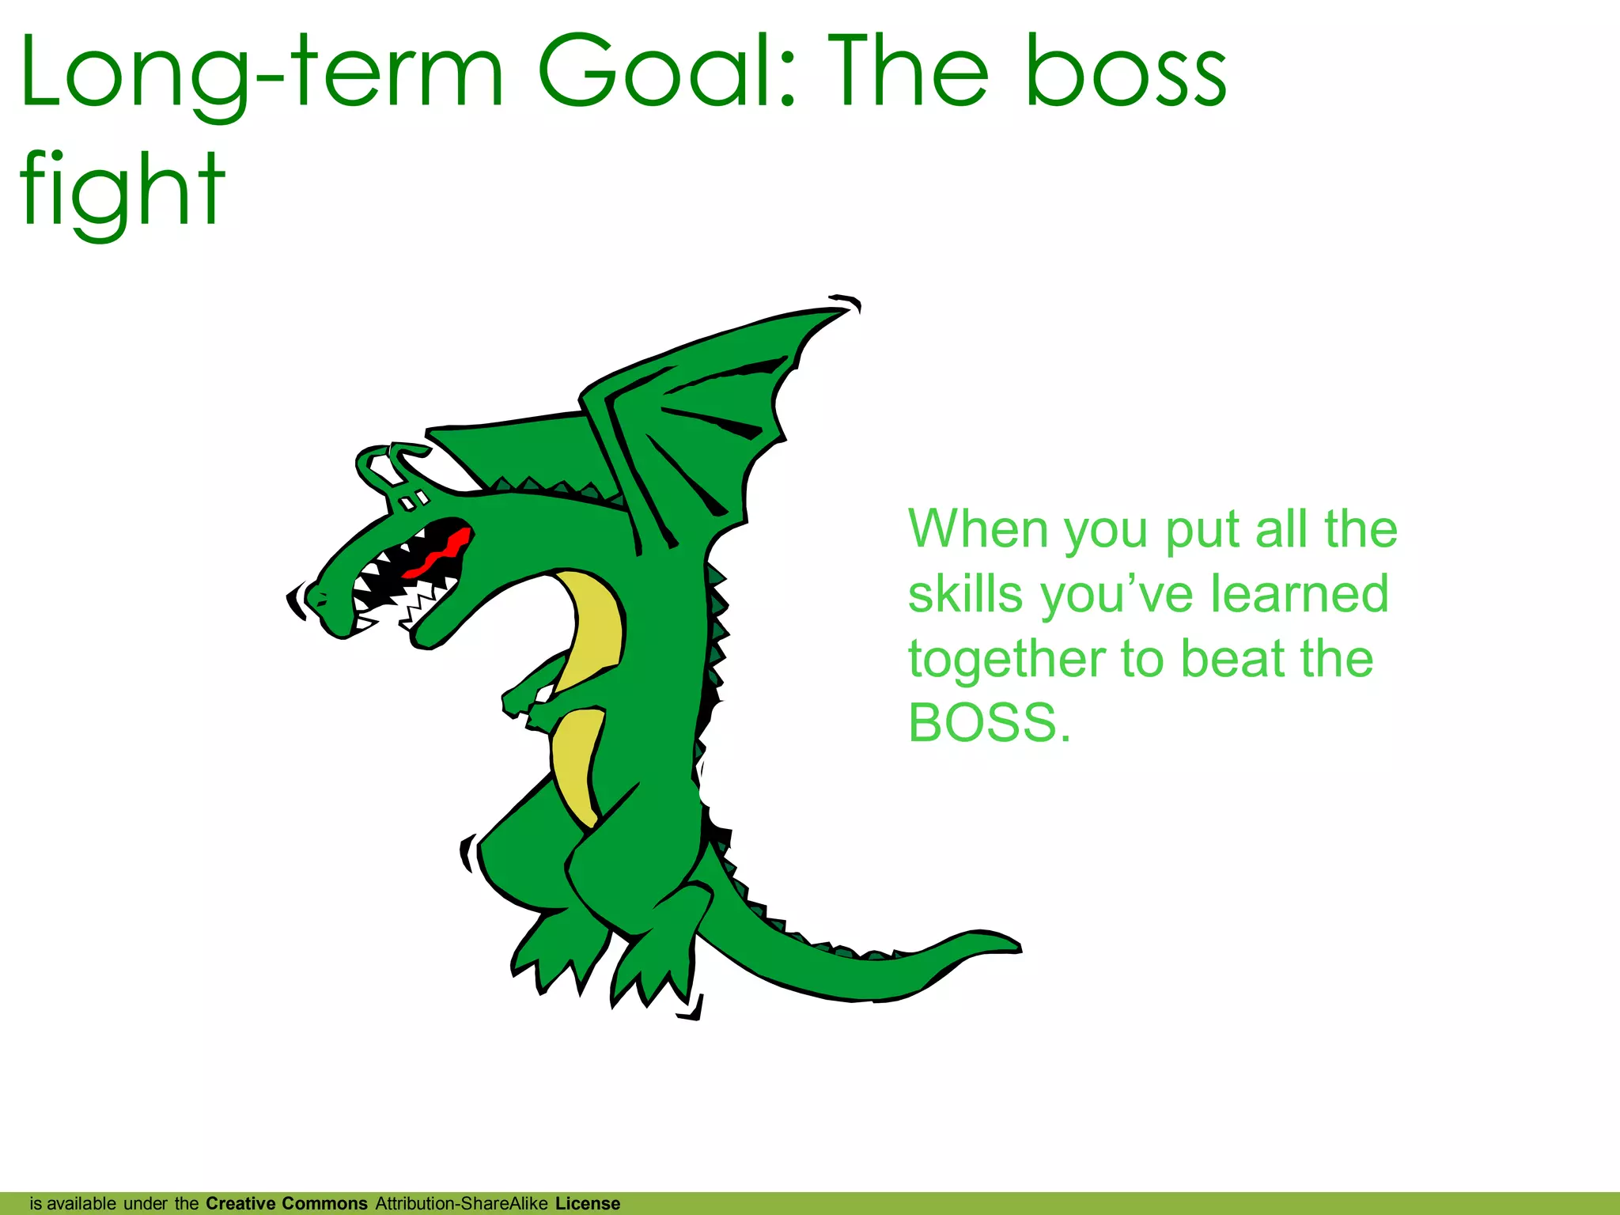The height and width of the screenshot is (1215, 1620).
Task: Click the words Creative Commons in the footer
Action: point(286,1203)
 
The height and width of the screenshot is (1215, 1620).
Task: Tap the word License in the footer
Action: point(588,1203)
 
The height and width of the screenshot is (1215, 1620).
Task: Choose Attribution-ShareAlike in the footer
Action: point(461,1203)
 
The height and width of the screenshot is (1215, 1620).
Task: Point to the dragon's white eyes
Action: point(413,501)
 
